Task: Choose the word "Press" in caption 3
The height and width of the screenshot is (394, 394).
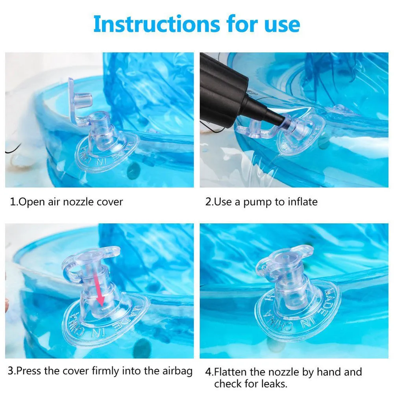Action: coord(29,371)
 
